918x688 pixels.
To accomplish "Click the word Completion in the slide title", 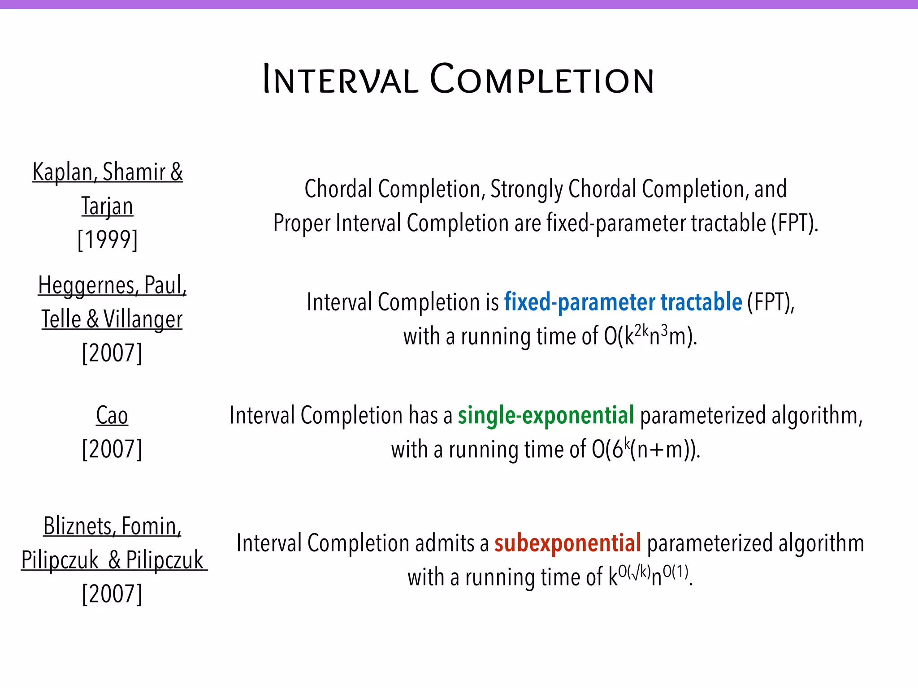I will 541,80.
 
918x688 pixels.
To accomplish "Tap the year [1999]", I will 108,240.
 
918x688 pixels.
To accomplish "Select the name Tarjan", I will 108,206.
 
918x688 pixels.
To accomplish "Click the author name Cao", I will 112,415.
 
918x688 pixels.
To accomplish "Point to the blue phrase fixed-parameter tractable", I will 623,302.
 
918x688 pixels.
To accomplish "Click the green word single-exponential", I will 546,415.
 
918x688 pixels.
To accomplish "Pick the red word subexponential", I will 567,543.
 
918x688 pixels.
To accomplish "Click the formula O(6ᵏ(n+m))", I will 645,449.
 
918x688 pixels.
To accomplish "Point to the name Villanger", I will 143,319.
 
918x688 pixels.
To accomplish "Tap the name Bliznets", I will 78,526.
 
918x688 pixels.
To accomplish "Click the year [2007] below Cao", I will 112,449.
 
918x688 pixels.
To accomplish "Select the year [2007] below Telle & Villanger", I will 112,353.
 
